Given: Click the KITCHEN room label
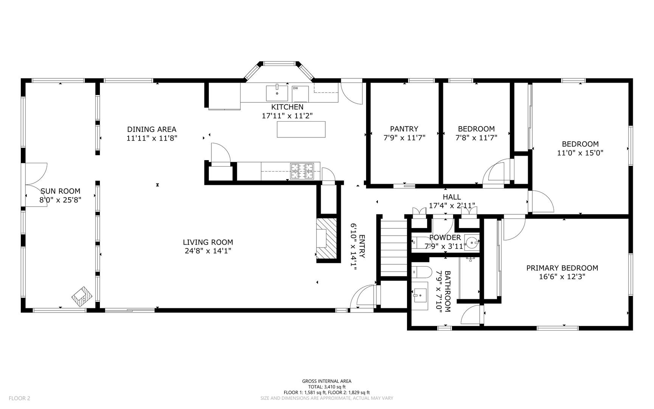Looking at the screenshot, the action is pos(287,107).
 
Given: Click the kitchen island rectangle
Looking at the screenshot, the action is pos(301,129).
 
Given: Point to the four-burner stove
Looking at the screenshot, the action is pos(302,171).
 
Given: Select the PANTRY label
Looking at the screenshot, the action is pos(404,129).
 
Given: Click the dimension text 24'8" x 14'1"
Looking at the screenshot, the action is pos(208,251).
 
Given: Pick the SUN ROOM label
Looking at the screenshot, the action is pos(61,191).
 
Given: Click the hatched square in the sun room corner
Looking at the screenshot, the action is pos(82,296).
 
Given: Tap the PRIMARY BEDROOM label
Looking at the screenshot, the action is pos(562,268).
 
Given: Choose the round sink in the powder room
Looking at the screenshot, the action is pos(472,242).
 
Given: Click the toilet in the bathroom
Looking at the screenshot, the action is pos(421,272).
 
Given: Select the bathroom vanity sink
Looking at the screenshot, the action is pos(419,293).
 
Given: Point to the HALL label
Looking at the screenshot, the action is pos(452,197).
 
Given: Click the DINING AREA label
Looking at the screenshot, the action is pos(152,130).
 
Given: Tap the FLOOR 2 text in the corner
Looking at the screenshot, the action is pos(19,398).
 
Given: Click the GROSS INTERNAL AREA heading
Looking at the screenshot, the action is pos(327,381).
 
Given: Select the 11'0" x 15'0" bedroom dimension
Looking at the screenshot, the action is pos(580,153).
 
